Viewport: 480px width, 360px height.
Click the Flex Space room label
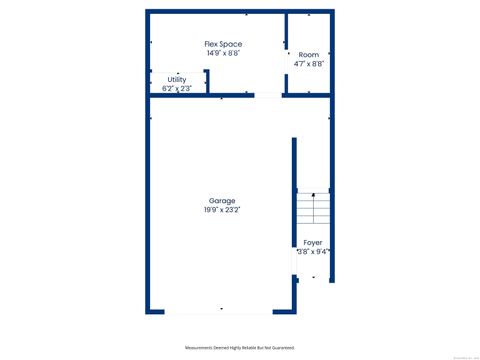point(223,44)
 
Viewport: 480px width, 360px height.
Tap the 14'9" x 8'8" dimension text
point(223,53)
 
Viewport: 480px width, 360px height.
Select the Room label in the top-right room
point(309,53)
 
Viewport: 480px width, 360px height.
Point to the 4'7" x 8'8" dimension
point(309,63)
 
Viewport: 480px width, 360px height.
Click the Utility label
point(177,79)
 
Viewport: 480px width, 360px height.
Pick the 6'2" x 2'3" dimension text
point(177,88)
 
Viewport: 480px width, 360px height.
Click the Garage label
point(222,201)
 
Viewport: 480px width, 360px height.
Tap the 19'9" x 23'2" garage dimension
point(222,210)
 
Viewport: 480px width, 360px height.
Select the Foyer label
point(313,243)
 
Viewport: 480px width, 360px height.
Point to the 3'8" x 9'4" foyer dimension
point(313,252)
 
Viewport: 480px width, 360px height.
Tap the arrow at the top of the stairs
point(313,194)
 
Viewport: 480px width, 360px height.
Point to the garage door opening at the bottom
point(222,312)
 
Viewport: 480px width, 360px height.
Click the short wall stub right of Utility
point(206,81)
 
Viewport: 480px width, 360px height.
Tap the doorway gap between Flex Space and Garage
point(267,96)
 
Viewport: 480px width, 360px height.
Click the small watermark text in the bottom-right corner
point(464,356)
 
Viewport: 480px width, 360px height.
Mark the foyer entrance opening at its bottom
point(313,280)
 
